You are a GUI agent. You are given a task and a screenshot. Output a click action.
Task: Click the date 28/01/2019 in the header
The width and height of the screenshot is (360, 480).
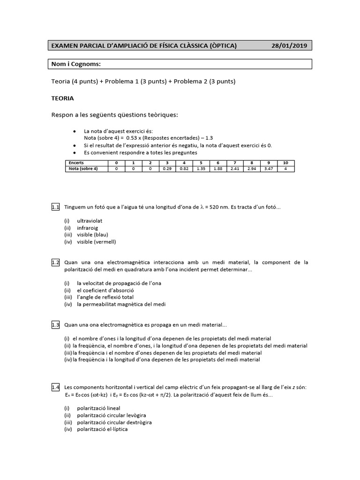[x=290, y=45]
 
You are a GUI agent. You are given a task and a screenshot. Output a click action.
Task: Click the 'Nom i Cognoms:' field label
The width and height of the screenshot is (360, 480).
[x=76, y=64]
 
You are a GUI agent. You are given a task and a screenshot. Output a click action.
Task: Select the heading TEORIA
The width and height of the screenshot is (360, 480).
[x=62, y=99]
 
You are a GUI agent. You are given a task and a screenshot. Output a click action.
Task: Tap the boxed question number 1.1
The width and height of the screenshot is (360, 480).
[x=55, y=207]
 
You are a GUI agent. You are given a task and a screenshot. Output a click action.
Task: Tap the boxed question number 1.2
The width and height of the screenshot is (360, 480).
[x=55, y=262]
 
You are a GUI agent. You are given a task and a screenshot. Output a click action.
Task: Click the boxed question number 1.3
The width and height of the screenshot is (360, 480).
[x=55, y=324]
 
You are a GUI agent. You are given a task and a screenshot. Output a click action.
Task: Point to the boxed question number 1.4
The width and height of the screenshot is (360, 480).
[x=55, y=387]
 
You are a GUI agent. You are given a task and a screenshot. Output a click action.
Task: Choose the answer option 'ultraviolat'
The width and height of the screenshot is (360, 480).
[x=90, y=220]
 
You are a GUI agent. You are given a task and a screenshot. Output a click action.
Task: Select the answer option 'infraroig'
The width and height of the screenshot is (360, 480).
[x=88, y=228]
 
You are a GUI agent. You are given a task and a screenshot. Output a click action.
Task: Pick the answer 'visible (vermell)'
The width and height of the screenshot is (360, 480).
[x=96, y=242]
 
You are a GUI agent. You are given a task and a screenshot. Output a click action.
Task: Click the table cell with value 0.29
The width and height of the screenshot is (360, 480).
[x=166, y=169]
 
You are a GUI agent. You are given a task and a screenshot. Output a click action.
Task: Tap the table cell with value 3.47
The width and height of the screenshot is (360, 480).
[x=268, y=169]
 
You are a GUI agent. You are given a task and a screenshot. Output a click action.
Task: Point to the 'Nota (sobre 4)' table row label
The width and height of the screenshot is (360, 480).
[x=82, y=169]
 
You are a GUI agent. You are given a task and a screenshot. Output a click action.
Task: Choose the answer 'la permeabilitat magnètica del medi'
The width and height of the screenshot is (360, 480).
[x=121, y=304]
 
